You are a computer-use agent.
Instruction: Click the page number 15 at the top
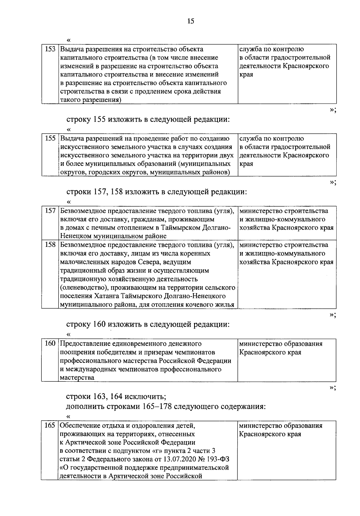(191, 21)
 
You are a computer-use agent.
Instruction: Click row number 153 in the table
(50, 49)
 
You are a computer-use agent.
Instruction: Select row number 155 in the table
(50, 139)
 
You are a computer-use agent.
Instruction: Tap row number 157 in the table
(50, 211)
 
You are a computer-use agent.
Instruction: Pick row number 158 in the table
(50, 245)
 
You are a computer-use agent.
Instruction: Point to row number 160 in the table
(50, 344)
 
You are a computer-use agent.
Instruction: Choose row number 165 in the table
(50, 425)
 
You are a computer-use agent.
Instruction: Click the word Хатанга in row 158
(108, 297)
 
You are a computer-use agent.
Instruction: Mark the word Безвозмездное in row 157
(84, 211)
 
